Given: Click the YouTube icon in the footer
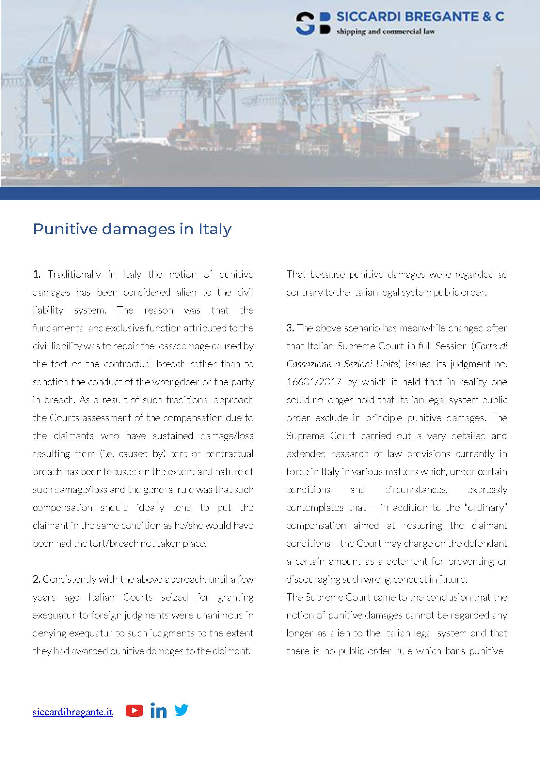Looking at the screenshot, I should coord(134,711).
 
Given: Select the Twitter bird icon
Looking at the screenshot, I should coord(182,710).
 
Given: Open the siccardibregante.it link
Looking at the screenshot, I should coord(72,712).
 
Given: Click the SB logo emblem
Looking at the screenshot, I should coord(313,23).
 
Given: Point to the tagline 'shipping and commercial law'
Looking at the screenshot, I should coord(385,32).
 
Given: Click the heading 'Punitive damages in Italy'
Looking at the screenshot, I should coord(132,229).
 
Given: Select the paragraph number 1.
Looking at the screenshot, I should coord(37,274).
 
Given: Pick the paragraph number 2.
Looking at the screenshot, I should coord(37,579).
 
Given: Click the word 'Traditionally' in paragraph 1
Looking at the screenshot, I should coord(74,274).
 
